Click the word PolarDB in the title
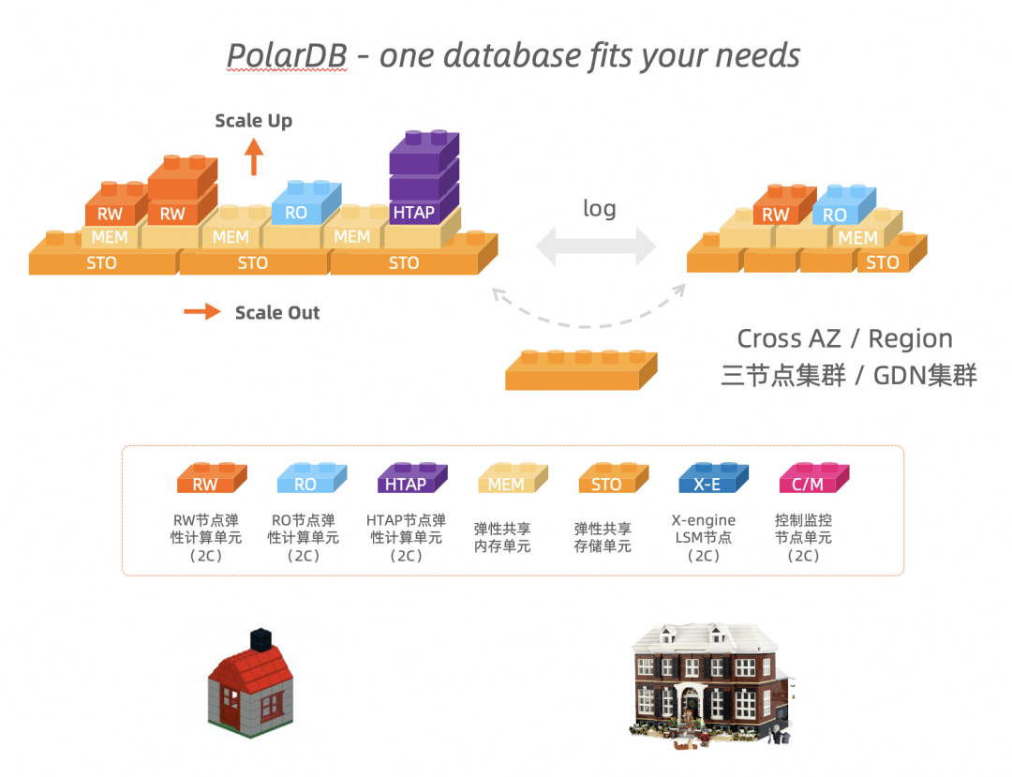click(x=287, y=55)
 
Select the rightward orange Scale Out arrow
click(x=201, y=312)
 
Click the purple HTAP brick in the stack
click(x=414, y=212)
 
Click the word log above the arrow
click(x=599, y=208)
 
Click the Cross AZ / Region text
click(x=844, y=338)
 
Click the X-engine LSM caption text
click(x=704, y=529)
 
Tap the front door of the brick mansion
click(x=692, y=711)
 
